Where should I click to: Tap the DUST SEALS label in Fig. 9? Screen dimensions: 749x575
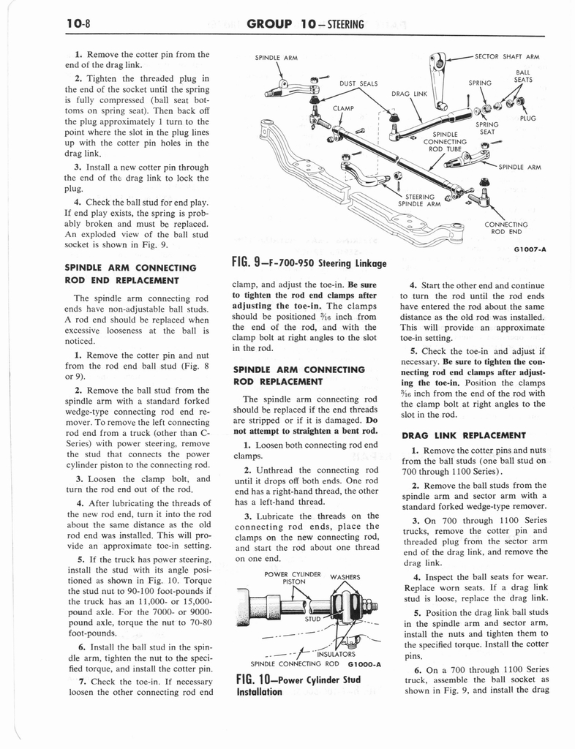(357, 83)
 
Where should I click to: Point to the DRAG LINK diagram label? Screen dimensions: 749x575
(408, 94)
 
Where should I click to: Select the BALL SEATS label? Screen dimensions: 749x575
(523, 76)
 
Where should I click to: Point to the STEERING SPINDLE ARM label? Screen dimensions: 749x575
(420, 200)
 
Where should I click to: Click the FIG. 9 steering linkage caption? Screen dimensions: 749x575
(308, 263)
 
